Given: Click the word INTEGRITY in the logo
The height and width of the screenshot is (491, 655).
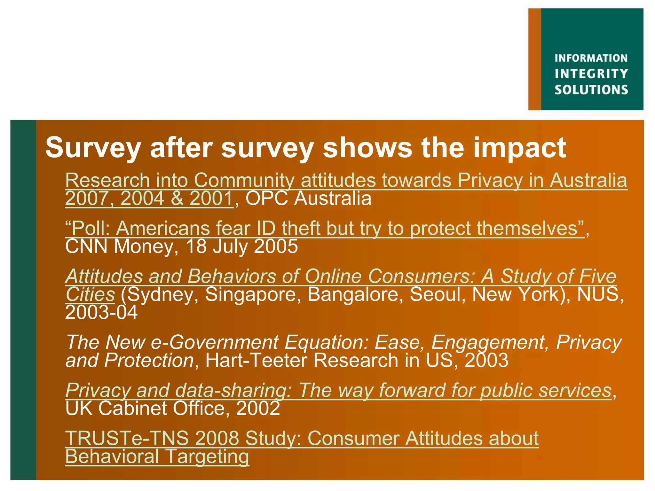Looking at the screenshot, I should tap(591, 74).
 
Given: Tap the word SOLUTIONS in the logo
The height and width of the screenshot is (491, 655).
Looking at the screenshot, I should tap(591, 90).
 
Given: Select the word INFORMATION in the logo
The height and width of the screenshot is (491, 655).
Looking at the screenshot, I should tap(591, 58).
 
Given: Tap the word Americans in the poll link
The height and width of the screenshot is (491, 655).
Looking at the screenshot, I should tap(163, 229).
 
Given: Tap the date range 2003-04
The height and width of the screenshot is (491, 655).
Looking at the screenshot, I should tap(101, 312).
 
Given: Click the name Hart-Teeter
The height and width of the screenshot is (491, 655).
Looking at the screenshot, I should tap(256, 361).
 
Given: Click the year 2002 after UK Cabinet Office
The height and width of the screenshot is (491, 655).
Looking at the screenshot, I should tap(258, 409).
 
